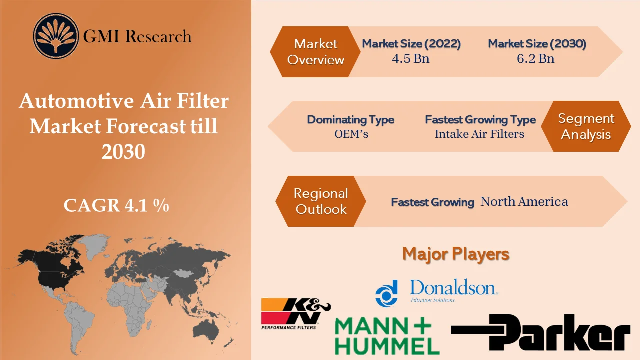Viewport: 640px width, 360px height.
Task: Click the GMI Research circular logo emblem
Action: (56, 36)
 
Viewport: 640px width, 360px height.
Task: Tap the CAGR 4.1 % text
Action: (116, 205)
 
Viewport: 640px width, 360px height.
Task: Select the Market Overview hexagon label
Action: (315, 52)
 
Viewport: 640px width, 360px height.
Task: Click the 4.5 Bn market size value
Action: (410, 58)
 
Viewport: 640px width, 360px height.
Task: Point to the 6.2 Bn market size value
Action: (535, 58)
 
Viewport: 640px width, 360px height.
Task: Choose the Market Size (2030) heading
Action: (537, 44)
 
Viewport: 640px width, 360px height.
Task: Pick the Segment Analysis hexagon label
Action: (586, 126)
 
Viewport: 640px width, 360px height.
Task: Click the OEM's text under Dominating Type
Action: (351, 134)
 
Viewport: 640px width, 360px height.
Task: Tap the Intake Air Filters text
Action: (479, 134)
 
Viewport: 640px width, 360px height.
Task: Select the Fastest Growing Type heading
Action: (480, 120)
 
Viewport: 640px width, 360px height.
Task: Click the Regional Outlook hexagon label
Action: (320, 201)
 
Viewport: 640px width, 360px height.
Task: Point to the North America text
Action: (524, 201)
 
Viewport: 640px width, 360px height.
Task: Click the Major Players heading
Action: (455, 254)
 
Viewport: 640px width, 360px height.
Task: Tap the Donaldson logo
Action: (436, 292)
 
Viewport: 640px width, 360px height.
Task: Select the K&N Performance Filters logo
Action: (295, 313)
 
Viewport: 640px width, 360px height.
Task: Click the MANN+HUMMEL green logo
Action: (386, 336)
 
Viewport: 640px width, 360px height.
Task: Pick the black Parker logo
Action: (540, 332)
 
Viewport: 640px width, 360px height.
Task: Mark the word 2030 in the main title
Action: (123, 151)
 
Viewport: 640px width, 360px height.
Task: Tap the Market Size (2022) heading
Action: (411, 44)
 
